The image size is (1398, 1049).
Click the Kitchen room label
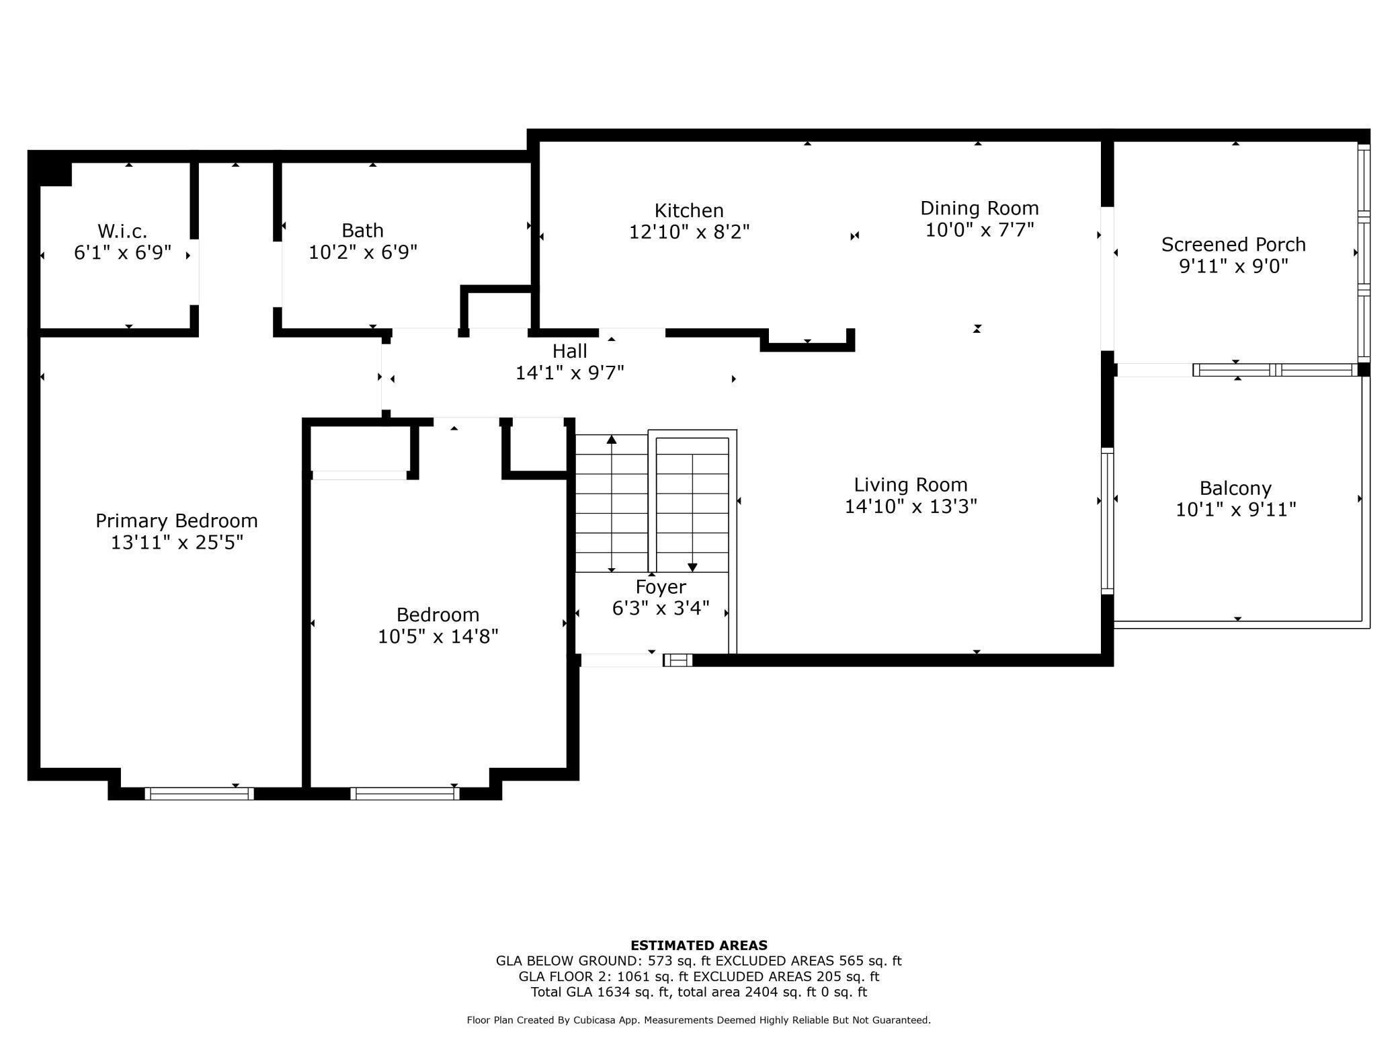689,210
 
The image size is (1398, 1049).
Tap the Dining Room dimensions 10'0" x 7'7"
979,230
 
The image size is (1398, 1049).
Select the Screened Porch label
1233,245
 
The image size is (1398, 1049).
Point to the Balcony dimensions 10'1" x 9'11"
1235,510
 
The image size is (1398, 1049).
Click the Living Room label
911,485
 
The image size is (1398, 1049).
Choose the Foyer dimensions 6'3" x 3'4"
661,609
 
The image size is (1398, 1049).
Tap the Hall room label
570,351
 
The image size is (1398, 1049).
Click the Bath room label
363,231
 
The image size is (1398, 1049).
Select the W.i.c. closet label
122,231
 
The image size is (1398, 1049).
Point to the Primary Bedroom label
177,521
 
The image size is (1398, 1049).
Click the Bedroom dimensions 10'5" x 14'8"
438,637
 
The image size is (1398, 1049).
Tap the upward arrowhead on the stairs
612,440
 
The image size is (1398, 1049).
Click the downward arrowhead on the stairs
692,568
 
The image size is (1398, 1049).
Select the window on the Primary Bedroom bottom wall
200,793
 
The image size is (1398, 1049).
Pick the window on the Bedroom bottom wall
405,793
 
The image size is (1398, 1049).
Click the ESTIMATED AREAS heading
699,945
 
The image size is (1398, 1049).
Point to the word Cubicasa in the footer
597,1020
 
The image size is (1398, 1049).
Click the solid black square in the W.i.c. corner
55,173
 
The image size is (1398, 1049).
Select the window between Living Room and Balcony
1107,521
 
